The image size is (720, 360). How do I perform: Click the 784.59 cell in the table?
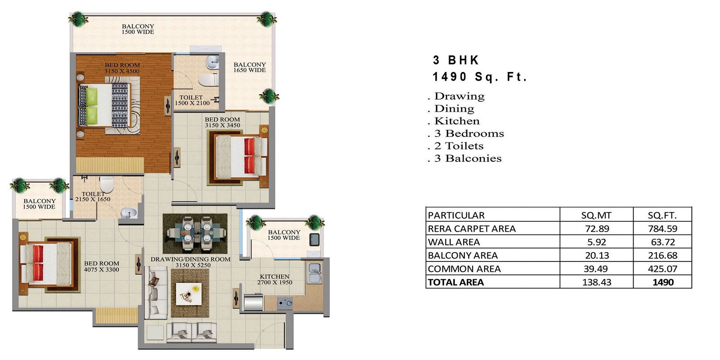[662, 229]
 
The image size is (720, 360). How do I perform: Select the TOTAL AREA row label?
[455, 282]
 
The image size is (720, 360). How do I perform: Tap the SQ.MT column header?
[596, 215]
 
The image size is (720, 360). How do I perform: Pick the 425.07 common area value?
[662, 269]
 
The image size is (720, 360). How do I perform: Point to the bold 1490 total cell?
[663, 282]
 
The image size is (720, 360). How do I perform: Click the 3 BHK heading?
[456, 60]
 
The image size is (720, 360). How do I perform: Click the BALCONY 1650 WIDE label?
[249, 67]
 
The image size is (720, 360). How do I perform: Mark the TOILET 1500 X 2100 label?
[192, 100]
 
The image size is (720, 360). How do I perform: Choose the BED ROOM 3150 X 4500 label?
[122, 68]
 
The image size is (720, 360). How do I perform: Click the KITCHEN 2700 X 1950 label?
[274, 279]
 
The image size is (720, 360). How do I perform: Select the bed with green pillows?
[104, 106]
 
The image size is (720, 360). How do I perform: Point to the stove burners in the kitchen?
[284, 303]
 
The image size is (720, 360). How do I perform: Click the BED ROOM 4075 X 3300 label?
[101, 266]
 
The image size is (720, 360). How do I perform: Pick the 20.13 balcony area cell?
[596, 256]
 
